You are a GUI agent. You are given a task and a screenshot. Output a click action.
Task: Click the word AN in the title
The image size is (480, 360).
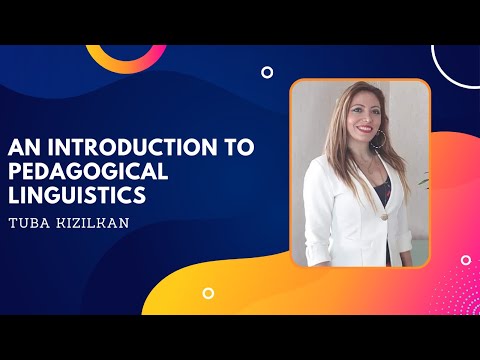(x=24, y=147)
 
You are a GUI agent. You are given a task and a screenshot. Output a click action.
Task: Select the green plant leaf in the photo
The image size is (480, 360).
(x=423, y=185)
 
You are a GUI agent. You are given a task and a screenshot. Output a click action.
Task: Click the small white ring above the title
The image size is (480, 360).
(x=267, y=72)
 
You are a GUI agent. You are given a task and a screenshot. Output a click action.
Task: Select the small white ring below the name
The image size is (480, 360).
(x=208, y=293)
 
